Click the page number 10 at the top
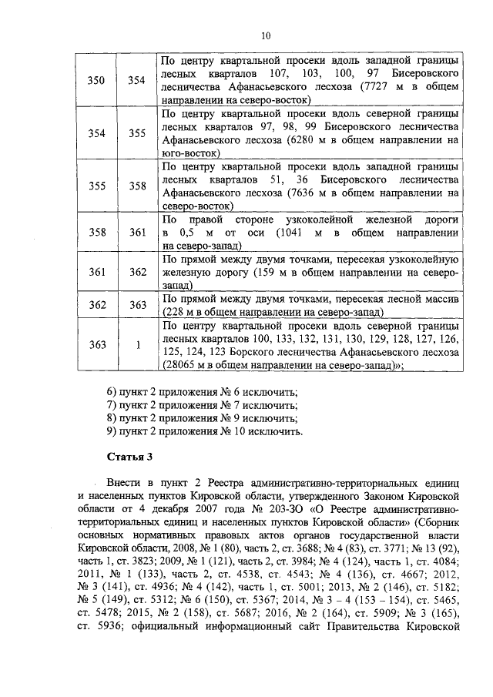pyautogui.click(x=266, y=35)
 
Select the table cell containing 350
pyautogui.click(x=97, y=80)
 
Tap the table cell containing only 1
pyautogui.click(x=138, y=344)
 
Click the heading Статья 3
pyautogui.click(x=132, y=457)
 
